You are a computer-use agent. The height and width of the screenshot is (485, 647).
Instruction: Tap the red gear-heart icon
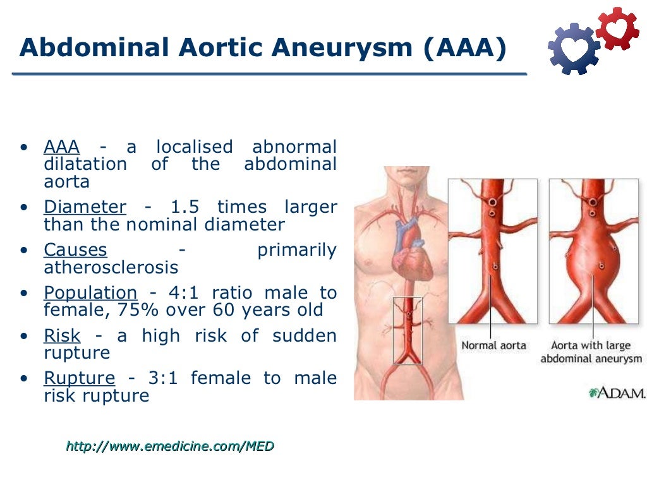pos(617,28)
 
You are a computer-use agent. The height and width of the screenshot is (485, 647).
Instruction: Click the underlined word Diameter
pos(85,207)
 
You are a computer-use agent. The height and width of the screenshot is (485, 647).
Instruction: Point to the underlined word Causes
pos(75,250)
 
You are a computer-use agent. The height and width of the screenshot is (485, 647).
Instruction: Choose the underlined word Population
pos(90,293)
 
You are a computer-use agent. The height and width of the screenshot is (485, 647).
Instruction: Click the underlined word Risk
pos(62,336)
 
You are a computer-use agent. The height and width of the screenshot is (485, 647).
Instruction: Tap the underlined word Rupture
pos(79,379)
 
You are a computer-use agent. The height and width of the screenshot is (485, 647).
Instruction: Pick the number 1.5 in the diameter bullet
pos(184,207)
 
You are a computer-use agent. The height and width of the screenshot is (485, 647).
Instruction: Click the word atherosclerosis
pos(111,267)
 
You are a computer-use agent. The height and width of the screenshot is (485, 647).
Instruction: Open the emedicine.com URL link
pos(170,446)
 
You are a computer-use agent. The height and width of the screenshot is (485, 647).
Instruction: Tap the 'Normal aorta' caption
pos(493,345)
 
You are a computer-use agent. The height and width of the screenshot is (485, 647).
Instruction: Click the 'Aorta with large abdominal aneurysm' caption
pos(591,352)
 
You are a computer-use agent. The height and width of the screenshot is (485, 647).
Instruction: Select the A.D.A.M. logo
pos(617,393)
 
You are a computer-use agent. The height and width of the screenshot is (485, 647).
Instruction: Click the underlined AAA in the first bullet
pos(61,147)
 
